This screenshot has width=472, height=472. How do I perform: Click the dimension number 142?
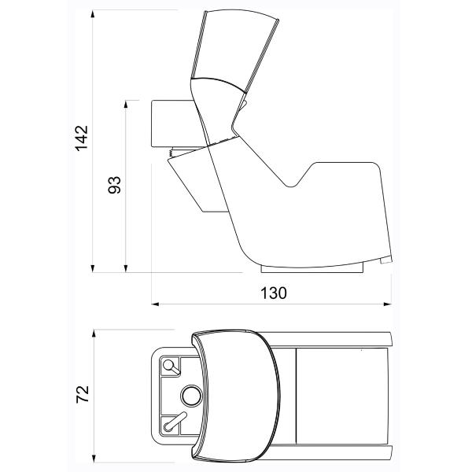pyautogui.click(x=82, y=138)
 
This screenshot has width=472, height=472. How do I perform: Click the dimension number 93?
pyautogui.click(x=114, y=185)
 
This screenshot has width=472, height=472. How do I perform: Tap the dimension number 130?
pyautogui.click(x=274, y=293)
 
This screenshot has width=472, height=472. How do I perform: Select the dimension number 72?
pyautogui.click(x=83, y=394)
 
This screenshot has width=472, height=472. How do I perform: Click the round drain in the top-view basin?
pyautogui.click(x=192, y=396)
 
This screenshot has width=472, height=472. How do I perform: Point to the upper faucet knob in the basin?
pyautogui.click(x=168, y=365)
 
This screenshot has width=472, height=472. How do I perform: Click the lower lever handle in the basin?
pyautogui.click(x=175, y=421)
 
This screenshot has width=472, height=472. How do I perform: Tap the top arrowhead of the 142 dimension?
pyautogui.click(x=93, y=14)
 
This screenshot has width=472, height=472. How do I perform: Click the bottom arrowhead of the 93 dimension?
pyautogui.click(x=126, y=268)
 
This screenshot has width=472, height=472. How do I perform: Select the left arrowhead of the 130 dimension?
pyautogui.click(x=155, y=304)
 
